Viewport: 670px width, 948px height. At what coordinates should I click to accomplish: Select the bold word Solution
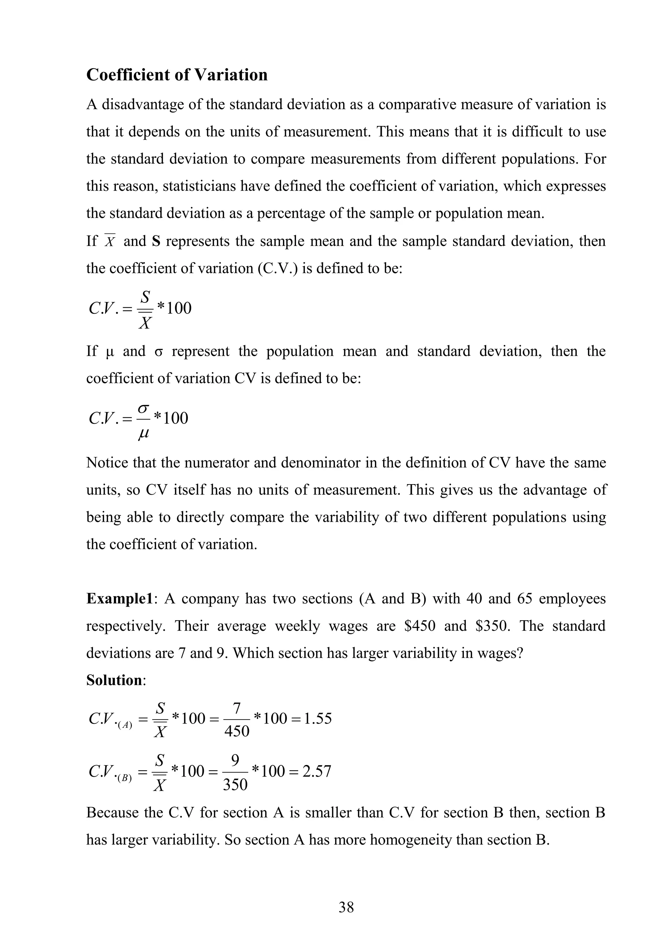(x=114, y=680)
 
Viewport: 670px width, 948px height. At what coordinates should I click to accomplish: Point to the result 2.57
(x=316, y=771)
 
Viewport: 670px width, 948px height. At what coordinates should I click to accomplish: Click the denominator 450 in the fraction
(x=237, y=732)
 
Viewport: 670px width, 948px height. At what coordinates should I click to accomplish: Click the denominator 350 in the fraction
(x=235, y=785)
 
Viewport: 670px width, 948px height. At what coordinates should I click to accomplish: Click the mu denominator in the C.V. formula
(x=143, y=433)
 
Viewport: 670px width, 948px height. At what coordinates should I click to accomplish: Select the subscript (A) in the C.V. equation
(x=125, y=726)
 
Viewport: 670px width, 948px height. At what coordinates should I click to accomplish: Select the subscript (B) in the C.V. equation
(x=124, y=779)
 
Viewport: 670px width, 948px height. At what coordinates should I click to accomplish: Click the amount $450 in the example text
(x=420, y=626)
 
